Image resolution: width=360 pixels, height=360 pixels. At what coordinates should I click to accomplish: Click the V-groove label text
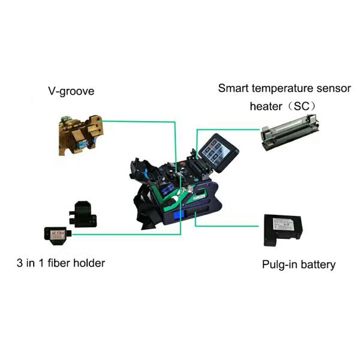pyautogui.click(x=71, y=92)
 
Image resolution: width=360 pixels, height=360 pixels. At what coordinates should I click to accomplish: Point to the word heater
pyautogui.click(x=265, y=106)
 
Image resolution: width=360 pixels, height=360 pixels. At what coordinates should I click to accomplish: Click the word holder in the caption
pyautogui.click(x=91, y=262)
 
